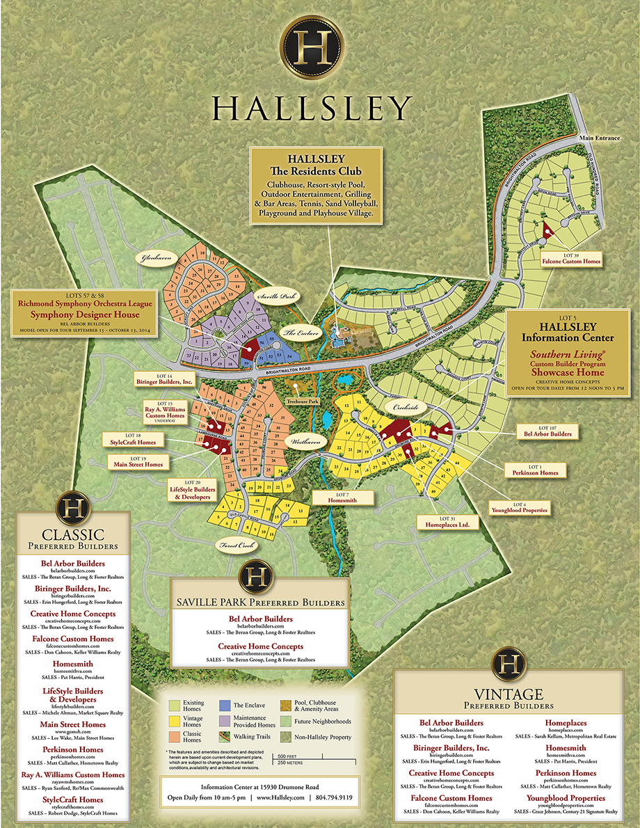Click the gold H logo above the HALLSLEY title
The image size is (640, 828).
pos(311,49)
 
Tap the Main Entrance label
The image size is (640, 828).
pos(602,138)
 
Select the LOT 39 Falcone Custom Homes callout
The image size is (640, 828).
pos(570,258)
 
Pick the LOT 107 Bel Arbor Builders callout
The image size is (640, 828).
pos(547,430)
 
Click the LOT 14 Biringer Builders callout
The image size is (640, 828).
pos(163,379)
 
